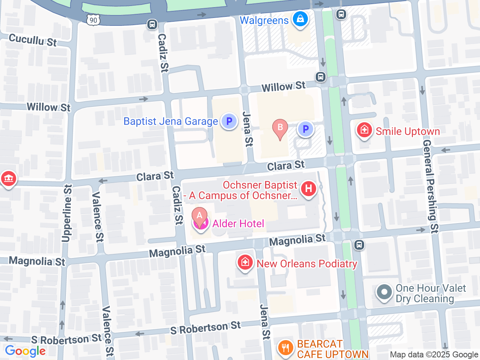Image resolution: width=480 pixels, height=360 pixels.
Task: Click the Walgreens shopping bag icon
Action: (300, 19)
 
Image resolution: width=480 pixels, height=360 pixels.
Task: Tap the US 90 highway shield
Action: (93, 20)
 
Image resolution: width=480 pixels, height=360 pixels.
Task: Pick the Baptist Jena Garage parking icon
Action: (229, 121)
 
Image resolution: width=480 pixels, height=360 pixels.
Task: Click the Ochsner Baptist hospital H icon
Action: (309, 188)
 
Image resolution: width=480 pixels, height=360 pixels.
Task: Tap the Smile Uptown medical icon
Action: (364, 130)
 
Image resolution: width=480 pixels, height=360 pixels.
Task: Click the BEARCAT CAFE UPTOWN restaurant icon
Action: (285, 348)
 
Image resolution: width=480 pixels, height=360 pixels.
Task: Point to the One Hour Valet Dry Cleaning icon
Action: (384, 292)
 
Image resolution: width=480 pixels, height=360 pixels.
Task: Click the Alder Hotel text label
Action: (238, 224)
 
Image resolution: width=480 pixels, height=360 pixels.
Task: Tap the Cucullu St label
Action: (33, 40)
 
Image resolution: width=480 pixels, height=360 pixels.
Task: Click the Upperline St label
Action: (67, 213)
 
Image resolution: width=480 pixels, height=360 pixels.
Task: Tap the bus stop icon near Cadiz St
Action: (152, 24)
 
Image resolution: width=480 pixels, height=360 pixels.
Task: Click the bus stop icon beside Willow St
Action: (320, 77)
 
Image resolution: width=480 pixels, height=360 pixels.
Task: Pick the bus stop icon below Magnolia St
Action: (359, 245)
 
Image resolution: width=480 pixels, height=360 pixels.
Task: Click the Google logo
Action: (25, 351)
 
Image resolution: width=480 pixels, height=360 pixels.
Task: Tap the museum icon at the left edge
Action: (8, 178)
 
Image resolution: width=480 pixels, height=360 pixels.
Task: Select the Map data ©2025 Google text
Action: (434, 354)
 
